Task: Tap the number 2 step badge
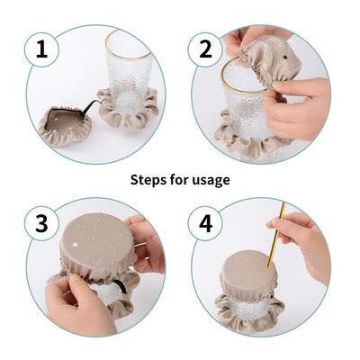206,49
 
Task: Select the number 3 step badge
40,222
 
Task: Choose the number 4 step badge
206,222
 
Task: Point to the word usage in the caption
211,180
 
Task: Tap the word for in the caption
180,180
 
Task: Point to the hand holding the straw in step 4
306,243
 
